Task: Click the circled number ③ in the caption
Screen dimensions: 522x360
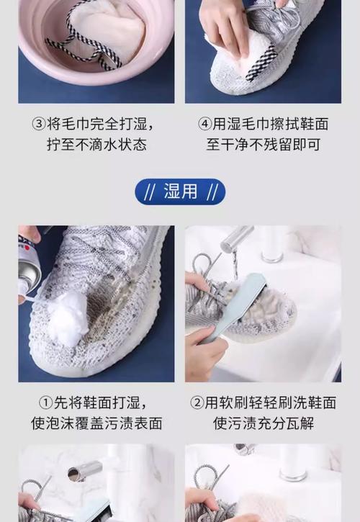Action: (x=40, y=124)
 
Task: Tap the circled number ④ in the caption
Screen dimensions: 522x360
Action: (x=204, y=124)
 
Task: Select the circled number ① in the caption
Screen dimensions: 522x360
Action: (x=45, y=402)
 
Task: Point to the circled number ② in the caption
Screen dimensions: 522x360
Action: (x=197, y=402)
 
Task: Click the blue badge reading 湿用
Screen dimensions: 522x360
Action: (x=180, y=192)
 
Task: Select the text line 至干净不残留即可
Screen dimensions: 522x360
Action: (x=263, y=145)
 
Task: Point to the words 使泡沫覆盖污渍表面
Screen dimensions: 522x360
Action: (x=96, y=423)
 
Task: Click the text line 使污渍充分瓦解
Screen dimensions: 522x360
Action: (x=263, y=423)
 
